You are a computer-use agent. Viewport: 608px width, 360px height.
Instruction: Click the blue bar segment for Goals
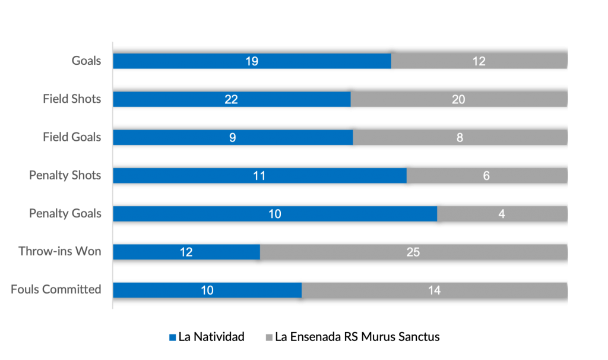(252, 61)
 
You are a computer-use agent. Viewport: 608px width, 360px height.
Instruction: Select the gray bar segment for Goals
(479, 61)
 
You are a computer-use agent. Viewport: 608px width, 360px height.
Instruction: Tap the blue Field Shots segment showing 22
(232, 99)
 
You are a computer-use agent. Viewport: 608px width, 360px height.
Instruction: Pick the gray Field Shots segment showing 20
(458, 99)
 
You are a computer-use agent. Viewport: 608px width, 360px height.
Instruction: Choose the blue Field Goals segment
(233, 137)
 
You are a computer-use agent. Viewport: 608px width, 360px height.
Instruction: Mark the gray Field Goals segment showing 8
(460, 137)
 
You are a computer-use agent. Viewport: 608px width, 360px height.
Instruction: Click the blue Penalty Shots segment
(259, 175)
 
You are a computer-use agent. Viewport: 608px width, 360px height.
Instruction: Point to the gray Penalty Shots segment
(486, 175)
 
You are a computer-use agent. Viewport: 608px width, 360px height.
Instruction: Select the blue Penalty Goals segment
(275, 213)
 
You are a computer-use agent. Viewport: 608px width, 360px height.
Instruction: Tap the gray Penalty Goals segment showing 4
(502, 213)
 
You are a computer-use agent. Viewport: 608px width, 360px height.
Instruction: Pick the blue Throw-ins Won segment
(186, 252)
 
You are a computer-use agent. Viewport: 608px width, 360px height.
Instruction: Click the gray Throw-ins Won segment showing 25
(413, 252)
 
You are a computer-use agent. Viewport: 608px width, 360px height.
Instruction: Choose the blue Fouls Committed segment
(207, 290)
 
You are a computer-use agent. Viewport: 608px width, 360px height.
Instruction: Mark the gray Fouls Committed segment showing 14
(434, 290)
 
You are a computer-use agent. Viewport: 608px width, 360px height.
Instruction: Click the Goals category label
(87, 61)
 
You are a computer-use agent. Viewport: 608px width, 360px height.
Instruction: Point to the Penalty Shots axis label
(65, 175)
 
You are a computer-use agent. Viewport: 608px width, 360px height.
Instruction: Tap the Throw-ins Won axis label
(59, 251)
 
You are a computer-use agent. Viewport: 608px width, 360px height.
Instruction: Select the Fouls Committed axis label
(56, 289)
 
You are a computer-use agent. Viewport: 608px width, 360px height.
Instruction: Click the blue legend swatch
(173, 337)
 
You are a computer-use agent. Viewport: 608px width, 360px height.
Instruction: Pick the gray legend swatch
(269, 337)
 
